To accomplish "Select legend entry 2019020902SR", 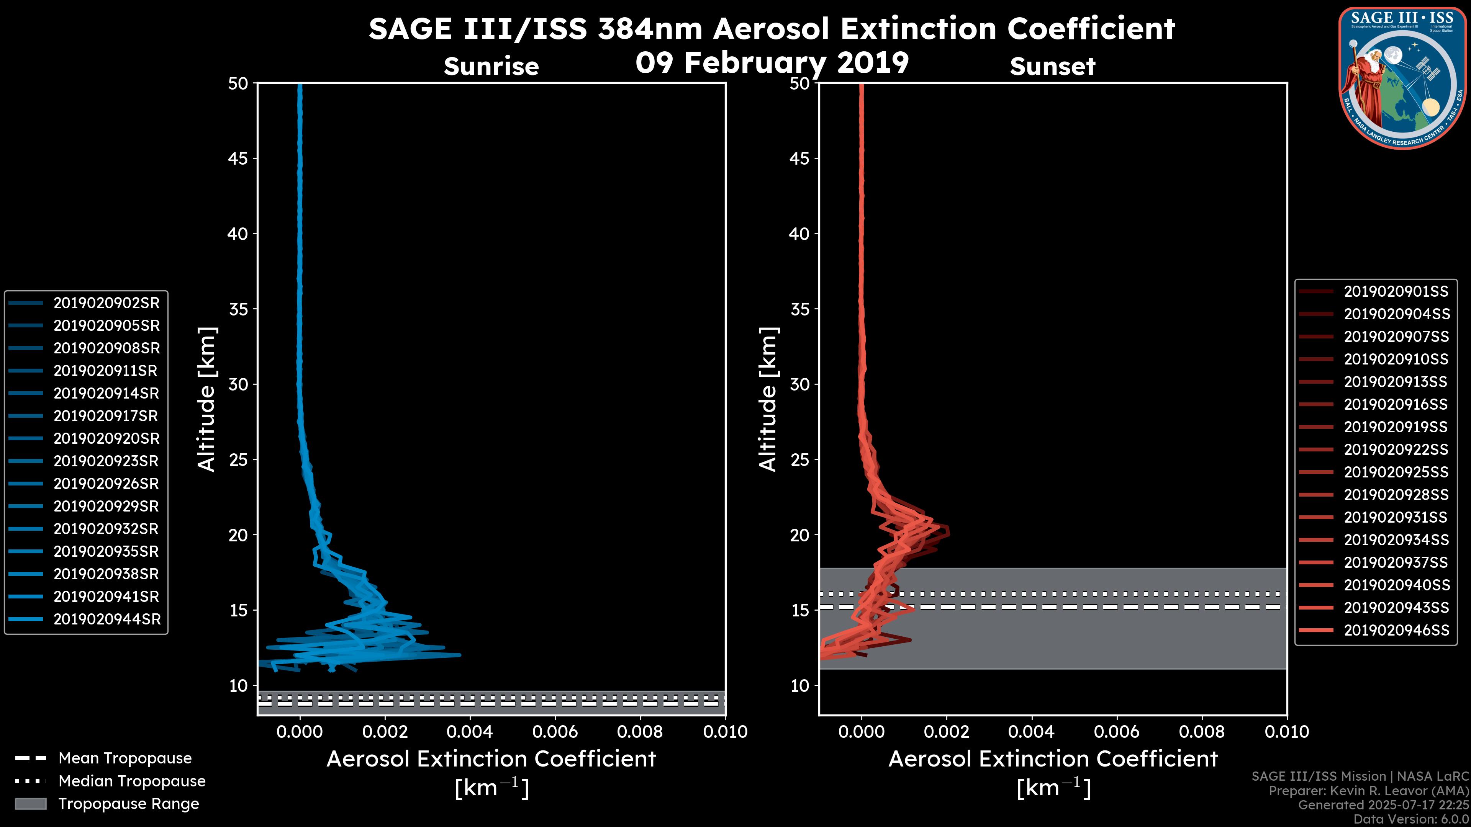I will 106,303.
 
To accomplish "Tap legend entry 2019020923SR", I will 106,461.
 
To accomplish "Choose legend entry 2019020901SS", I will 1396,292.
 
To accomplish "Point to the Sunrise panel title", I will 491,67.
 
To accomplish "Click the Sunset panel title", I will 1052,67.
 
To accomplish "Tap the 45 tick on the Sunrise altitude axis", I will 238,159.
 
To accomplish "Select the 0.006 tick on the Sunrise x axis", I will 554,732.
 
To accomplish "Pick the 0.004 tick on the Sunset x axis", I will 1031,732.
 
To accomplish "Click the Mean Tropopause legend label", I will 125,758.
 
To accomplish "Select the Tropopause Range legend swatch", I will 30,804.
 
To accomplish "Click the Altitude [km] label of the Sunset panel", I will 768,399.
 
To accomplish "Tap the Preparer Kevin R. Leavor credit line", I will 1368,791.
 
